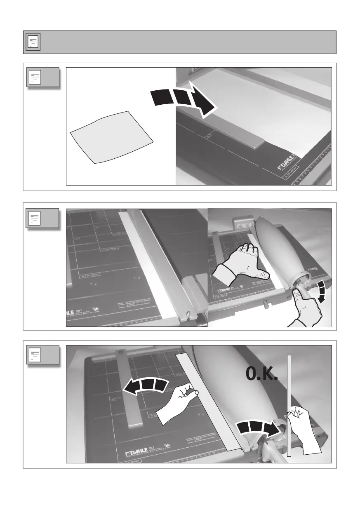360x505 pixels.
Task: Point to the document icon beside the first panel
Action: [35, 77]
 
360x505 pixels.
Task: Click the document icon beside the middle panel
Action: [35, 218]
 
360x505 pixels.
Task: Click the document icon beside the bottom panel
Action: [35, 356]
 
